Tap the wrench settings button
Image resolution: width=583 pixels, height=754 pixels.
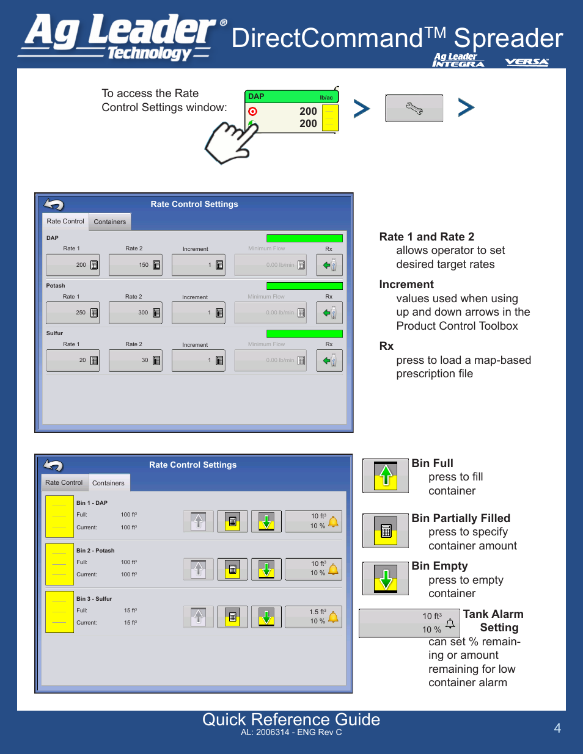[x=414, y=108]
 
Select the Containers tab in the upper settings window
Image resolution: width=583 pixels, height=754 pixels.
[x=110, y=222]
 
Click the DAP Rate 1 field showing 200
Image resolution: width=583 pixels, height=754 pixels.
[x=73, y=265]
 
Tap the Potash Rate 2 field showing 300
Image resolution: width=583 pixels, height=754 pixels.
[x=135, y=313]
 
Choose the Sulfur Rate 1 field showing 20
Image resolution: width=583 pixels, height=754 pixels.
[x=73, y=360]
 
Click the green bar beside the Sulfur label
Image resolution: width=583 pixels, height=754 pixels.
[x=304, y=333]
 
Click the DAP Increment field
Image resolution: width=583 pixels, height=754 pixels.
[x=198, y=265]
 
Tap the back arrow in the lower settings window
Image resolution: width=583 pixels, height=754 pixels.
[x=54, y=465]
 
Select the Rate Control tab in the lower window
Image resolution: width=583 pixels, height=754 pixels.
[x=64, y=482]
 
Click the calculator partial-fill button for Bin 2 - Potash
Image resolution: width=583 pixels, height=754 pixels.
[x=232, y=569]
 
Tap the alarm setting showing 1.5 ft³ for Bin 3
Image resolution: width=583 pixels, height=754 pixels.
[x=313, y=617]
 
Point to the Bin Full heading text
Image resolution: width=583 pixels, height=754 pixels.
[x=432, y=463]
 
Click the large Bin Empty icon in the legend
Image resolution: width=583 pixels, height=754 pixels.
[x=386, y=578]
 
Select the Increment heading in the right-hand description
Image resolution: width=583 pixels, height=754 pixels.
[x=406, y=285]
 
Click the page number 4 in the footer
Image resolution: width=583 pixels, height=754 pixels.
[x=557, y=728]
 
